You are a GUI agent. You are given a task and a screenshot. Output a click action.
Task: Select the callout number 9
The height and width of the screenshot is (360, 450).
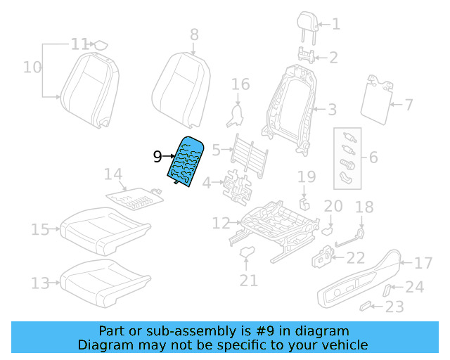click(157, 156)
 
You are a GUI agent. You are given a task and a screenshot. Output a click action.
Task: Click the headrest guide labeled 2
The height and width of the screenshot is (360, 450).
click(305, 54)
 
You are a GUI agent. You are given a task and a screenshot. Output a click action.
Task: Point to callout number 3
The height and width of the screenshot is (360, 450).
click(332, 109)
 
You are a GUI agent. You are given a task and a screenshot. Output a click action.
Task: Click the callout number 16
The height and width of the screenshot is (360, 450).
click(240, 85)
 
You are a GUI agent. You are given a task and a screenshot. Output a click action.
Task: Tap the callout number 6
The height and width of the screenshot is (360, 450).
click(373, 157)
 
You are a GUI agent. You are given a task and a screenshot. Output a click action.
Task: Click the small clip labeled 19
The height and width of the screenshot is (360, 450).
click(305, 204)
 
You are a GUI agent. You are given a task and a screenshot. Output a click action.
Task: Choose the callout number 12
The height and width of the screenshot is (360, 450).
click(221, 224)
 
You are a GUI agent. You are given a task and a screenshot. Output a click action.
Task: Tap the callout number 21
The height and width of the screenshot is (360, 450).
click(248, 281)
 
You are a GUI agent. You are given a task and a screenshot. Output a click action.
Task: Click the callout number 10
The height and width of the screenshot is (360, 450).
click(32, 67)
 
